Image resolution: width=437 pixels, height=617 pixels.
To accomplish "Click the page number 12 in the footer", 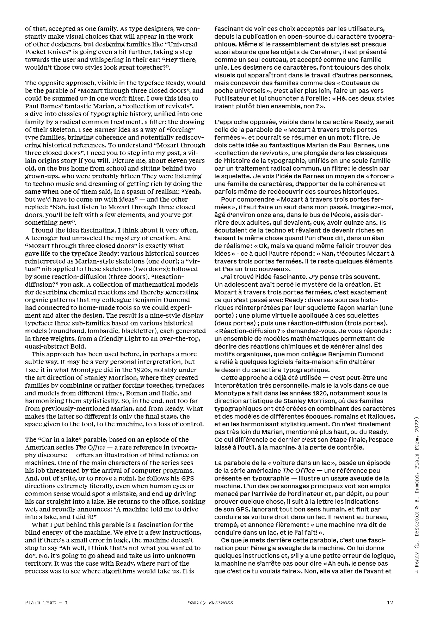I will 390,603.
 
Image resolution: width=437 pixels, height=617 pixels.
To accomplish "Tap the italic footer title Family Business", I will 210,603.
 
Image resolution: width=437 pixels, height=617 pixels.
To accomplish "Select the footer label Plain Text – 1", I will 47,603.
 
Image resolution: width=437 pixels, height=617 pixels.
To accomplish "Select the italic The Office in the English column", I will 91,447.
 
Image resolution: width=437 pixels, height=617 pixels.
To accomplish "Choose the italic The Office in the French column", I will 299,471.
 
